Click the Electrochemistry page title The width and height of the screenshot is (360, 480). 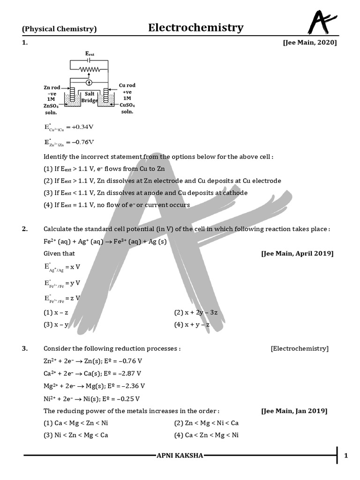pos(195,28)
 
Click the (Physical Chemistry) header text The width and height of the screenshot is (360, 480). pos(60,29)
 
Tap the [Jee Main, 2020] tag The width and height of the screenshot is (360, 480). pos(309,43)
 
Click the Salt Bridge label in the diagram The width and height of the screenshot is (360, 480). pos(90,97)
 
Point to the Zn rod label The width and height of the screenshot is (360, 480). pos(52,88)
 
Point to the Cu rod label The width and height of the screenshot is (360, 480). pos(127,85)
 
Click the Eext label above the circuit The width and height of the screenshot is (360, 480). pos(90,54)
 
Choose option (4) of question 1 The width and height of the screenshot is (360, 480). pos(117,205)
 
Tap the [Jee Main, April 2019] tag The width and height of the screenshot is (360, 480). pos(297,253)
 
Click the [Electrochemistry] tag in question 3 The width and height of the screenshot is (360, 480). pos(300,348)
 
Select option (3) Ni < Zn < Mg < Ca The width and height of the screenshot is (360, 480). pos(76,435)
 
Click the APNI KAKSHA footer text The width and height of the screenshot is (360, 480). pos(180,455)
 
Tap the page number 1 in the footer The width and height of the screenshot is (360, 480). pos(346,455)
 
